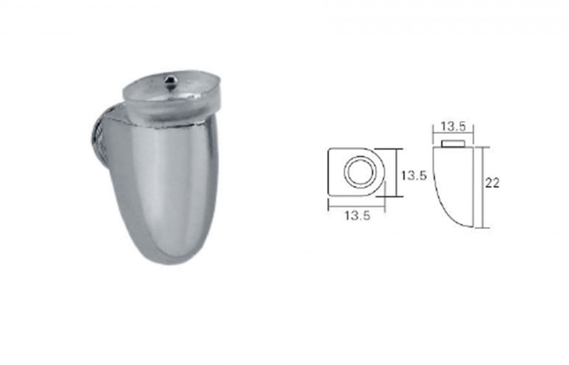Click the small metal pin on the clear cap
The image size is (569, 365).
click(169, 80)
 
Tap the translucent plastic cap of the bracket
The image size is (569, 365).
click(171, 98)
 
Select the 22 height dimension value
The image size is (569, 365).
click(492, 183)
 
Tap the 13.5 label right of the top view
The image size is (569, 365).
click(413, 175)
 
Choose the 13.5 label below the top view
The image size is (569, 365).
click(357, 215)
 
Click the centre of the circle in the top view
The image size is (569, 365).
click(359, 172)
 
